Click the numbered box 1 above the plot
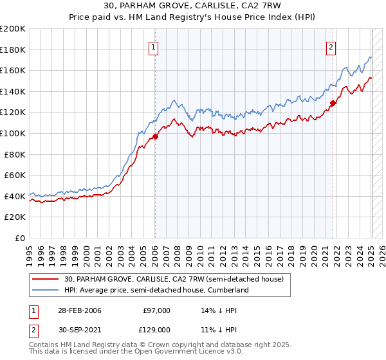click(154, 46)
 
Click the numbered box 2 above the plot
click(331, 46)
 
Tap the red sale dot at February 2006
click(155, 136)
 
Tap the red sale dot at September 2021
click(333, 103)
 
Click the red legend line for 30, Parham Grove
click(46, 279)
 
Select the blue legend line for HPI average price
click(46, 290)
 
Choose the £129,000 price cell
click(155, 329)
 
